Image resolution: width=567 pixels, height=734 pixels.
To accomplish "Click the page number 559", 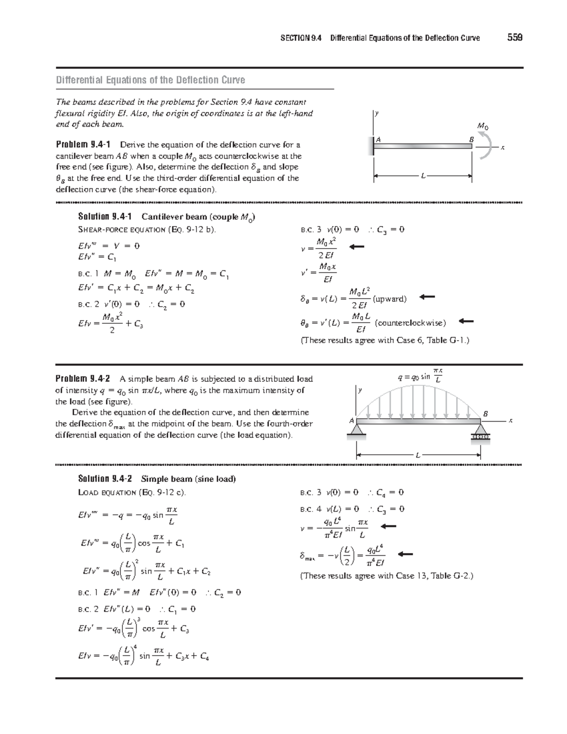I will (x=515, y=38).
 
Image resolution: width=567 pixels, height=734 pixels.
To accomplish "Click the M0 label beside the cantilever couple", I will (x=482, y=126).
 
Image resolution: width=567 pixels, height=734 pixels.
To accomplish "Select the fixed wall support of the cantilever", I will (x=372, y=146).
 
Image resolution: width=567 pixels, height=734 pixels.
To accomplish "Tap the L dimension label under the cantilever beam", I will (x=423, y=176).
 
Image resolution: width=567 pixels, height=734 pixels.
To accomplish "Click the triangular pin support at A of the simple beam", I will (x=356, y=430).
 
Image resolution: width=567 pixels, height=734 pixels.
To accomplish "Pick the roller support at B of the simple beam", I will (x=481, y=432).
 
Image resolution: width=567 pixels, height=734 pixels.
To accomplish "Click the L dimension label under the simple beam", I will (x=417, y=455).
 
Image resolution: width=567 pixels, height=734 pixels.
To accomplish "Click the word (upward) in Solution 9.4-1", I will (x=389, y=299).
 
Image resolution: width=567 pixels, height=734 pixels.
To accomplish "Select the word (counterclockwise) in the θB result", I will (x=410, y=323).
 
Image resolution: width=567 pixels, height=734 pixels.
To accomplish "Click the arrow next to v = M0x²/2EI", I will (x=357, y=247).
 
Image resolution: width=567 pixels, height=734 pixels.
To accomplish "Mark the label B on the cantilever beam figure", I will (x=470, y=139).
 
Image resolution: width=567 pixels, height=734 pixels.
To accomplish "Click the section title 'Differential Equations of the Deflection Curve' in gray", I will (x=151, y=80).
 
